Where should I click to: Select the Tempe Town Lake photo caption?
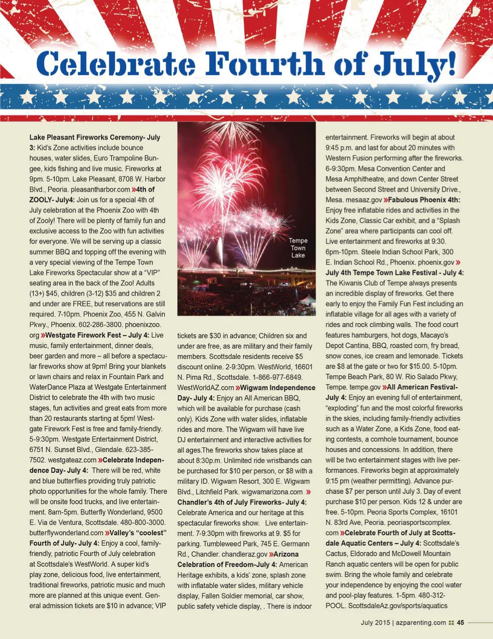click(298, 248)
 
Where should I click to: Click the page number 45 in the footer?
click(460, 623)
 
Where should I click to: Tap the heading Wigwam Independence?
click(278, 388)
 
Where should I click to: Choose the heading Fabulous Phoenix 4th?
click(424, 200)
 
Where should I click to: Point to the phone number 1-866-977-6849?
click(277, 377)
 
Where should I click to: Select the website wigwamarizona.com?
click(272, 492)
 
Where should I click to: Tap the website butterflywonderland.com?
click(66, 533)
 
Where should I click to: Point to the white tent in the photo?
click(308, 301)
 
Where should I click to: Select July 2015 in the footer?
click(376, 623)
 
